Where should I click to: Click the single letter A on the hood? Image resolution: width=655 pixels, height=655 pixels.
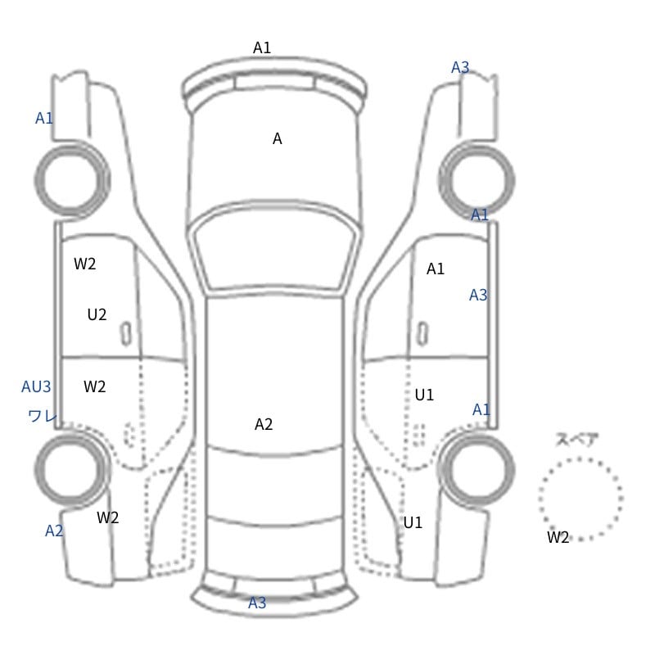(278, 138)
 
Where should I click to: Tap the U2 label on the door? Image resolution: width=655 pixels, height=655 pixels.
(97, 314)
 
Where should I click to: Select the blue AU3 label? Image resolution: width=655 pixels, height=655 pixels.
(36, 386)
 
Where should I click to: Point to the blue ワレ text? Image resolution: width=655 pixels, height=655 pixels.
(43, 416)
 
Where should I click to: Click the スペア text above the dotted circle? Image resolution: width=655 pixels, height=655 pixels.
(571, 440)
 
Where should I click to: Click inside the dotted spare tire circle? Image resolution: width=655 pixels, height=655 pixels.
(580, 499)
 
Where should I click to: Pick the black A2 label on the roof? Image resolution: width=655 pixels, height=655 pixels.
(264, 424)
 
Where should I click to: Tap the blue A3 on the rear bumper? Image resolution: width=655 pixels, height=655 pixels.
(257, 603)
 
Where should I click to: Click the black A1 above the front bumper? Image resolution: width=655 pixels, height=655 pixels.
(262, 47)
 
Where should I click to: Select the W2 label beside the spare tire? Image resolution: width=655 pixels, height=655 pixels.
(558, 537)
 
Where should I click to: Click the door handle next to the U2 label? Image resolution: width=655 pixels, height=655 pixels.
(126, 334)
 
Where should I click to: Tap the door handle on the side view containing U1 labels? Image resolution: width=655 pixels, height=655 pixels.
(422, 334)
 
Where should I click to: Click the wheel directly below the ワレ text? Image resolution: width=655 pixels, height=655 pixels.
(72, 469)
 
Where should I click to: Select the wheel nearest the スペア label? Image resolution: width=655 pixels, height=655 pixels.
(477, 469)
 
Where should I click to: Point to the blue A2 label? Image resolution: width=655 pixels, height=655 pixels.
(54, 531)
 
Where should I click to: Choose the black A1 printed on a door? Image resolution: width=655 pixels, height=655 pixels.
(436, 269)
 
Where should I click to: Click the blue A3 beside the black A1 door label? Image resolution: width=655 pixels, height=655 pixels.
(478, 296)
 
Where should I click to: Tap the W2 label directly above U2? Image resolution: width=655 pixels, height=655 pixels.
(85, 264)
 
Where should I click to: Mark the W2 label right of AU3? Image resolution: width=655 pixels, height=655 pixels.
(94, 386)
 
